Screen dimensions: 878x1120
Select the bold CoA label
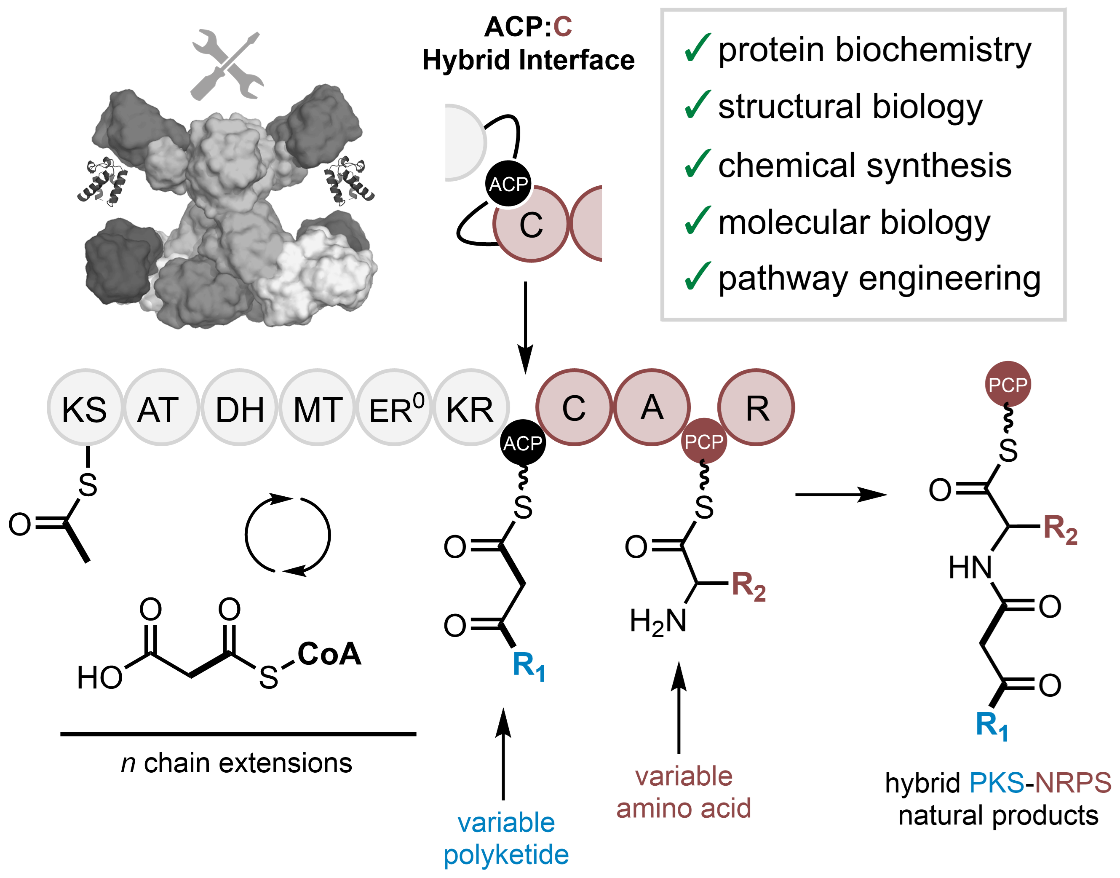[329, 654]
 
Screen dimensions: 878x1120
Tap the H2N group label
[658, 621]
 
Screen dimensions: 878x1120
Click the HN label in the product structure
[970, 567]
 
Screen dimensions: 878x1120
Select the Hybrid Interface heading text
[528, 60]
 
